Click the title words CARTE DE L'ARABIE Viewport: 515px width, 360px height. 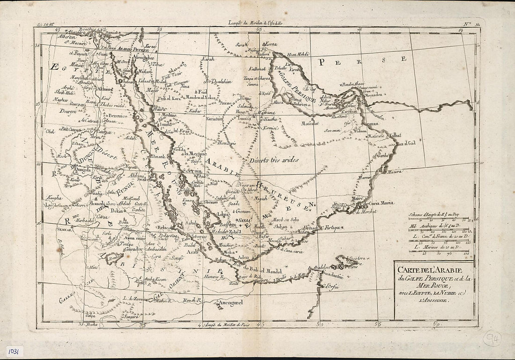click(430, 271)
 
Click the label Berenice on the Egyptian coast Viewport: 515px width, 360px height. click(118, 115)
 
